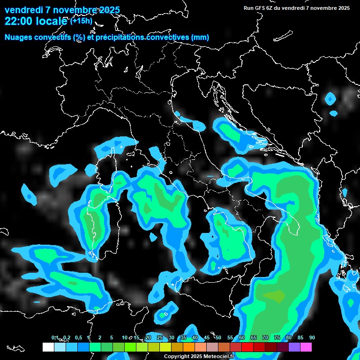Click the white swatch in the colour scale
48,347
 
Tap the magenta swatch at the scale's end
306,347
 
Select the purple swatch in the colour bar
294,347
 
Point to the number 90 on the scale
312,338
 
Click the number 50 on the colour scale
218,338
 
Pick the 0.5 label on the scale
78,338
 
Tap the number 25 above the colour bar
160,338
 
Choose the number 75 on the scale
277,338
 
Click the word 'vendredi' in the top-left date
23,10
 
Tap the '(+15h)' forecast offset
81,21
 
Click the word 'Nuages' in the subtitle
19,37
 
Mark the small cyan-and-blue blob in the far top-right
330,99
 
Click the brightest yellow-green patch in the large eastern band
274,296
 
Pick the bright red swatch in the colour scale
247,347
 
